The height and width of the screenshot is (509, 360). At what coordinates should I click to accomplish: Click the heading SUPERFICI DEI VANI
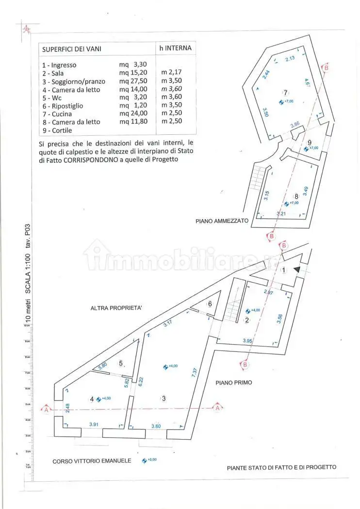pyautogui.click(x=71, y=49)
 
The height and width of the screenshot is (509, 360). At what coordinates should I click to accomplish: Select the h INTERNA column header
pyautogui.click(x=175, y=48)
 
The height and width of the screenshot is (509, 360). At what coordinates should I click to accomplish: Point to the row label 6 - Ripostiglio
pyautogui.click(x=63, y=106)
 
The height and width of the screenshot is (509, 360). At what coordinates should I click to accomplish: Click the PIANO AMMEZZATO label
pyautogui.click(x=222, y=221)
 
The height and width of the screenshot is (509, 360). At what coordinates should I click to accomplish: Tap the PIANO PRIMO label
pyautogui.click(x=233, y=382)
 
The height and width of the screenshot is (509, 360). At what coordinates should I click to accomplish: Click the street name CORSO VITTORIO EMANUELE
pyautogui.click(x=92, y=461)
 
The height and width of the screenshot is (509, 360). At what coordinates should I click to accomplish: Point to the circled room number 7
pyautogui.click(x=286, y=93)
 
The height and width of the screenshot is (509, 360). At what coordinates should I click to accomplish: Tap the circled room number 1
pyautogui.click(x=284, y=270)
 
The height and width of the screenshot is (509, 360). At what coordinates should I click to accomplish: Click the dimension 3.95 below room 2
pyautogui.click(x=248, y=341)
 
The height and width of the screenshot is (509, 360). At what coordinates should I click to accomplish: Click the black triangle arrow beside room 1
pyautogui.click(x=297, y=269)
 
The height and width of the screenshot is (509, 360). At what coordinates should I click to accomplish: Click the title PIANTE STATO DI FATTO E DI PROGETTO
pyautogui.click(x=281, y=467)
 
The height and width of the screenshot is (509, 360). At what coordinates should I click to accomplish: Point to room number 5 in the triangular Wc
pyautogui.click(x=121, y=364)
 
